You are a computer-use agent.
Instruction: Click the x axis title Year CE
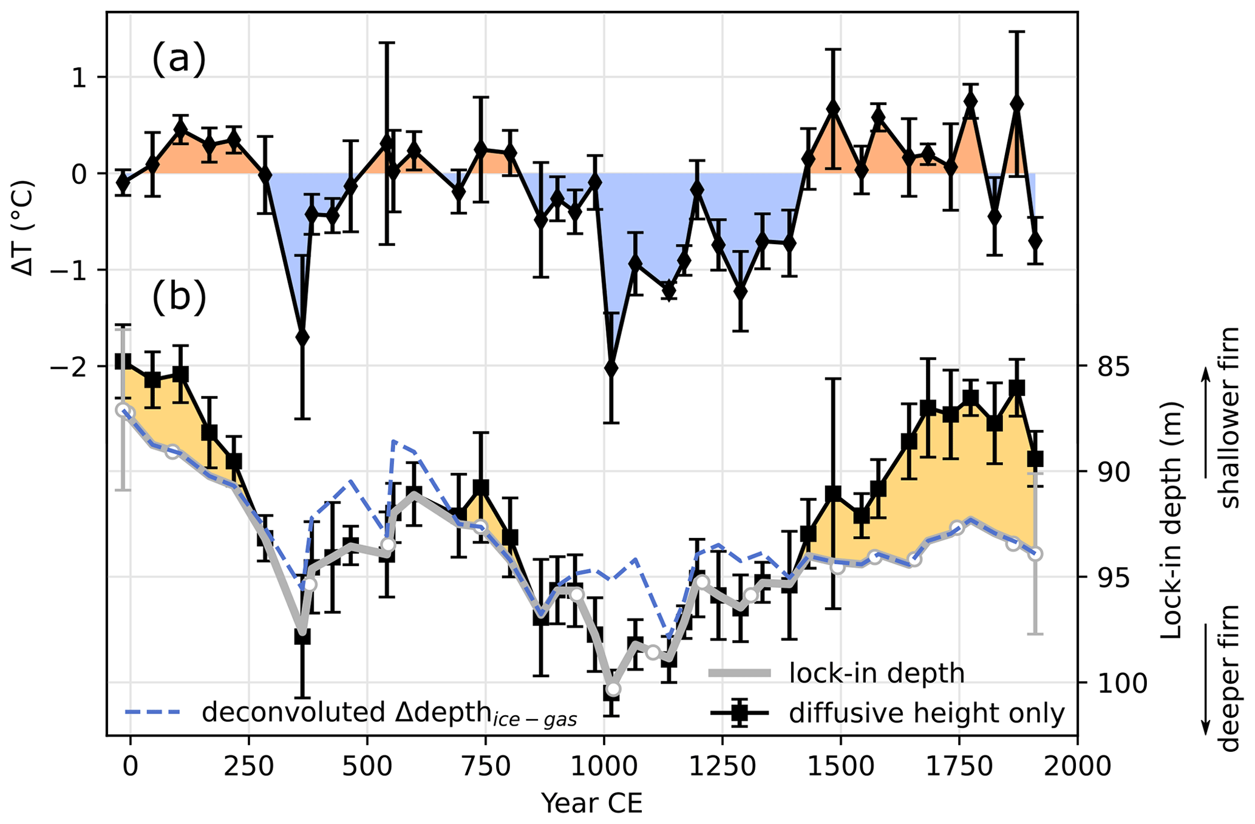[x=591, y=803]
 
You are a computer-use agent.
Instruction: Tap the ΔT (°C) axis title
[x=24, y=227]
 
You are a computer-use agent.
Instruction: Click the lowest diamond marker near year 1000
[x=611, y=368]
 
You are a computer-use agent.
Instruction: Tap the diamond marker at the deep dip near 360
[x=302, y=337]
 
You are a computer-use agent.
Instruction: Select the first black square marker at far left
[x=123, y=361]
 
